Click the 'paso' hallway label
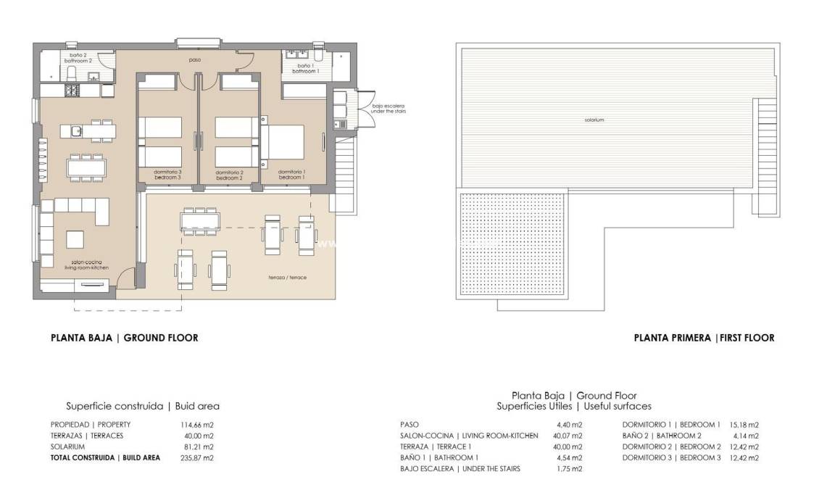194,60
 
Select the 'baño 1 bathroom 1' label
304,68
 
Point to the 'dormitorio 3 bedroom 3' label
167,175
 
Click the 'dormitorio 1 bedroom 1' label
292,175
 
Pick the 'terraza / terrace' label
287,278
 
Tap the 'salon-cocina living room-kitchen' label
90,265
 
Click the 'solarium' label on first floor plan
594,120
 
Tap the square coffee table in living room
76,239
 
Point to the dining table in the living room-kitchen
91,167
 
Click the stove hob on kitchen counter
73,91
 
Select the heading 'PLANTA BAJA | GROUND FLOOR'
124,338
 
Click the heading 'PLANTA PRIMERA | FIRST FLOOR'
704,338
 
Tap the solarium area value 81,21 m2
199,447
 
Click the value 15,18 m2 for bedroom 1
744,425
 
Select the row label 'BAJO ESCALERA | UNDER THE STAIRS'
460,469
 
